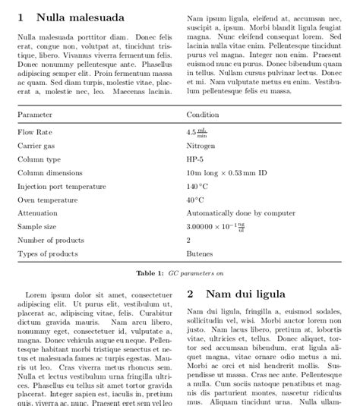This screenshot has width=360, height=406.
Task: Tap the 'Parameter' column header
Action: tap(35, 114)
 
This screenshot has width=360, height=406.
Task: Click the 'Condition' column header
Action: tap(203, 114)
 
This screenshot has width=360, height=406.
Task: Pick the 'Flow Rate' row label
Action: tap(34, 132)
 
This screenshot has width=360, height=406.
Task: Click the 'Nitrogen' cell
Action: tap(201, 146)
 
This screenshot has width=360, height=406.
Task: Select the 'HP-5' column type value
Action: tap(195, 159)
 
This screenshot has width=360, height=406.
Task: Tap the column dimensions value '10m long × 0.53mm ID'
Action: tap(226, 173)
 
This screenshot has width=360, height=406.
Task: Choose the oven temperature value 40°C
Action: tap(195, 200)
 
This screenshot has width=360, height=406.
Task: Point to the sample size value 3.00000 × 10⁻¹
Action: tap(216, 227)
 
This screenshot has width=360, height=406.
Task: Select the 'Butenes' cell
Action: tap(199, 253)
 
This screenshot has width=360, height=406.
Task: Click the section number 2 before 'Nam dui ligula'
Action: tap(191, 294)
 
